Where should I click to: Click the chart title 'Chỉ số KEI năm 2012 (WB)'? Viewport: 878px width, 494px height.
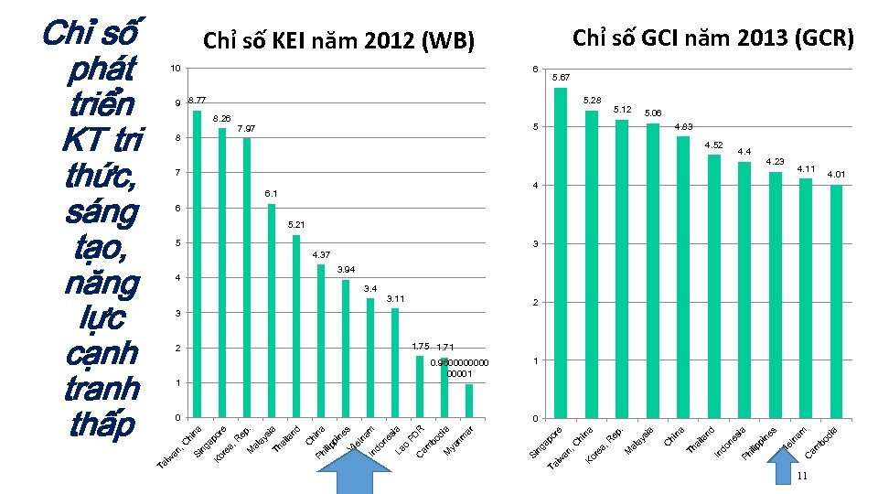338,41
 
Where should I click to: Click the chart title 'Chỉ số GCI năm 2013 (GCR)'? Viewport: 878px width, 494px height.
712,38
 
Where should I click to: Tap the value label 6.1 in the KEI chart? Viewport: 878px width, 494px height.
272,194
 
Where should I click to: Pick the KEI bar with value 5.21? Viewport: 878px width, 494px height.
296,326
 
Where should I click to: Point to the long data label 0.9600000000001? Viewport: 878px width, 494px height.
459,368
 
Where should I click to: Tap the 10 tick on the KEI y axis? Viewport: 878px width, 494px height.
175,69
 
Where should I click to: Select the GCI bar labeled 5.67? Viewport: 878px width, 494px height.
561,252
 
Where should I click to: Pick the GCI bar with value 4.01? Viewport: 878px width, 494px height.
836,301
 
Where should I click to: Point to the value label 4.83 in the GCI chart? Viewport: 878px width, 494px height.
684,126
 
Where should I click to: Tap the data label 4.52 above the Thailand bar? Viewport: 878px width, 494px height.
713,145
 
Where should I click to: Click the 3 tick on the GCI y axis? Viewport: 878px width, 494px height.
535,244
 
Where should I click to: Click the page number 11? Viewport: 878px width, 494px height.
801,478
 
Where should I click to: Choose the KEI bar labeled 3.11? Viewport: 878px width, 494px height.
395,362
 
